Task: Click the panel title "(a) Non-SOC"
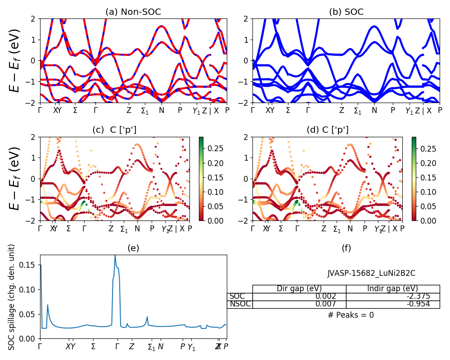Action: (133, 12)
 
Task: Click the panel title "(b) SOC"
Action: (346, 12)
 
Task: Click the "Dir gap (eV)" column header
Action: (299, 289)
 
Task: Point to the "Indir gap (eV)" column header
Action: (392, 289)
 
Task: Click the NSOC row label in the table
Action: (240, 304)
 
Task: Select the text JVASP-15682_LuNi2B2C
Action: (371, 273)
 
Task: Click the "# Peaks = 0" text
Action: (351, 315)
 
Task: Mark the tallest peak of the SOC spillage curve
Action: (115, 256)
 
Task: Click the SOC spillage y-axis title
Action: (12, 297)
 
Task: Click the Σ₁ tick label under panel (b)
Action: (357, 111)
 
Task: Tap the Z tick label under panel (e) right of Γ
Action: (131, 346)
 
